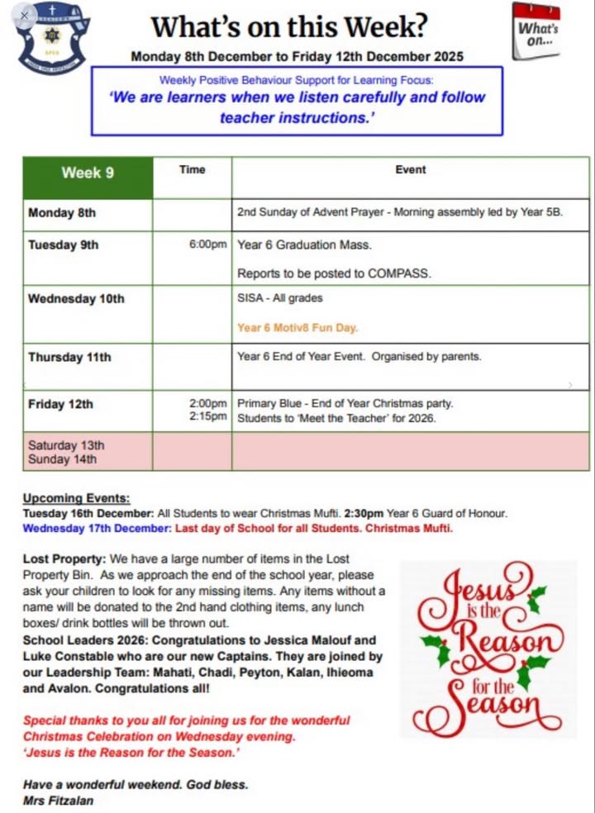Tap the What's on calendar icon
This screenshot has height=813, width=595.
(536, 31)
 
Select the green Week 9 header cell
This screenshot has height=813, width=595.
(87, 173)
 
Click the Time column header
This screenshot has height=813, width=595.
(192, 169)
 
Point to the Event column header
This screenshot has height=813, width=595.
(410, 169)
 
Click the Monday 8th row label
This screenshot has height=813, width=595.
(62, 213)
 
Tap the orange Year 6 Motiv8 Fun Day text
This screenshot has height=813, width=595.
(297, 328)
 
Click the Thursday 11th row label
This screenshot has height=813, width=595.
(69, 358)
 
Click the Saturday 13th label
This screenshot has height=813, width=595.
(66, 446)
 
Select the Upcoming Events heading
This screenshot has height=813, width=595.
(76, 498)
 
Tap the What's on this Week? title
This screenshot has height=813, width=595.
(289, 27)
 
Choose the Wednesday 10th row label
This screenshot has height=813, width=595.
(76, 298)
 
